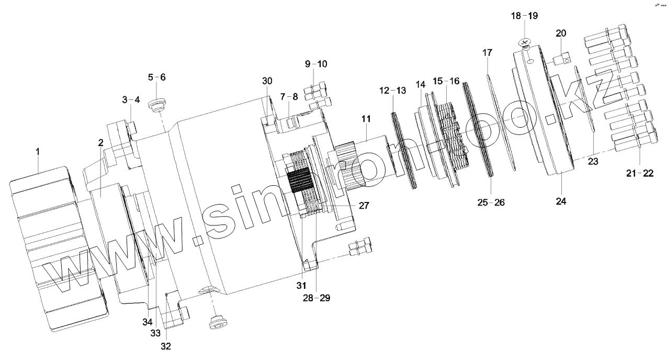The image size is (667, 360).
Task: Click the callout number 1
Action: click(37, 152)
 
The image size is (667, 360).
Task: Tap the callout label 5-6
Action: click(156, 77)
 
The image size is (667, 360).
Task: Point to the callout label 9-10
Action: click(316, 64)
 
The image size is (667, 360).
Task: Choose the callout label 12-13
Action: click(392, 91)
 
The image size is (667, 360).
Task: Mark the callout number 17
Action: click(487, 53)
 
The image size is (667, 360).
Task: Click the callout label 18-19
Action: click(524, 16)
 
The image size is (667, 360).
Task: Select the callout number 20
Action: click(561, 33)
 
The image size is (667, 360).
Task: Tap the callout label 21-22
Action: click(640, 173)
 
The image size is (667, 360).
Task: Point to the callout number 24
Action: click(561, 200)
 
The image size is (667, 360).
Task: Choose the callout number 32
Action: click(166, 346)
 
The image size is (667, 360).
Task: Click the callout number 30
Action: click(267, 81)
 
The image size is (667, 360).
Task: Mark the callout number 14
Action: click(421, 84)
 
